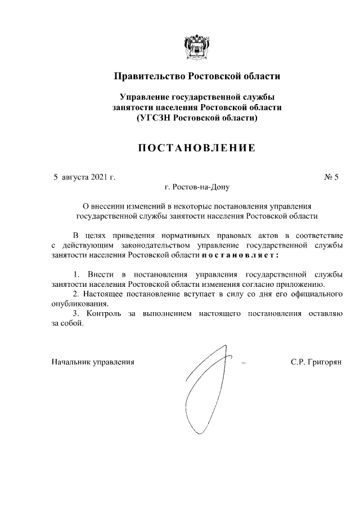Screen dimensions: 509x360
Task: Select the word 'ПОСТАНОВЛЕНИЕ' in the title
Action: [197, 148]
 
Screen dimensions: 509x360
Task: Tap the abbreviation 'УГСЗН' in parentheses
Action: [154, 118]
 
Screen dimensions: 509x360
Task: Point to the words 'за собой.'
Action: [67, 323]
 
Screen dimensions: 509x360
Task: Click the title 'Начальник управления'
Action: [93, 362]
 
